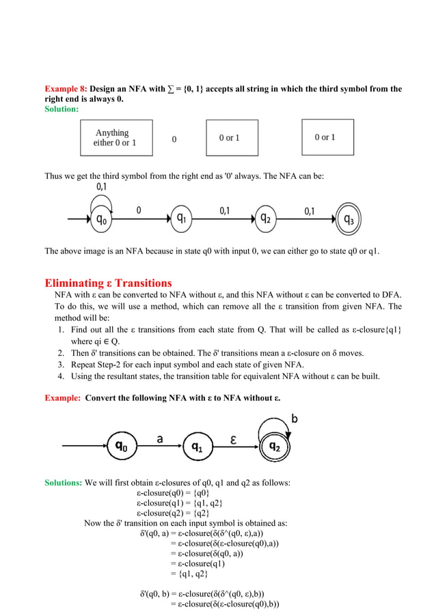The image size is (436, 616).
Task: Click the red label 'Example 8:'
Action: tap(66, 89)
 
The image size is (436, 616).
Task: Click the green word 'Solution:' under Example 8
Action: tap(62, 109)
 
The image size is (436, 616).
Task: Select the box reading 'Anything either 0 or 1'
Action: tap(115, 138)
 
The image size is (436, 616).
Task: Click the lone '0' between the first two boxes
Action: tap(174, 139)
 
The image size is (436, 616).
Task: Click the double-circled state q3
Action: tap(349, 219)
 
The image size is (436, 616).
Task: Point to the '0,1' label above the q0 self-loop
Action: tap(101, 186)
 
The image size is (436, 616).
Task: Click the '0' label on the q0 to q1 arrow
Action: tap(139, 210)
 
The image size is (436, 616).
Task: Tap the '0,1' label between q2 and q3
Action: tap(309, 210)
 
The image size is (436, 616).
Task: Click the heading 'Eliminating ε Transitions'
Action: tap(108, 283)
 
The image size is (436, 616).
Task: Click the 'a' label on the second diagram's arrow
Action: tap(160, 439)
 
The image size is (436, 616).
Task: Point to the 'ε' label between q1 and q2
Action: tap(234, 440)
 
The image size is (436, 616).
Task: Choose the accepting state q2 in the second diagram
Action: tap(273, 447)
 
